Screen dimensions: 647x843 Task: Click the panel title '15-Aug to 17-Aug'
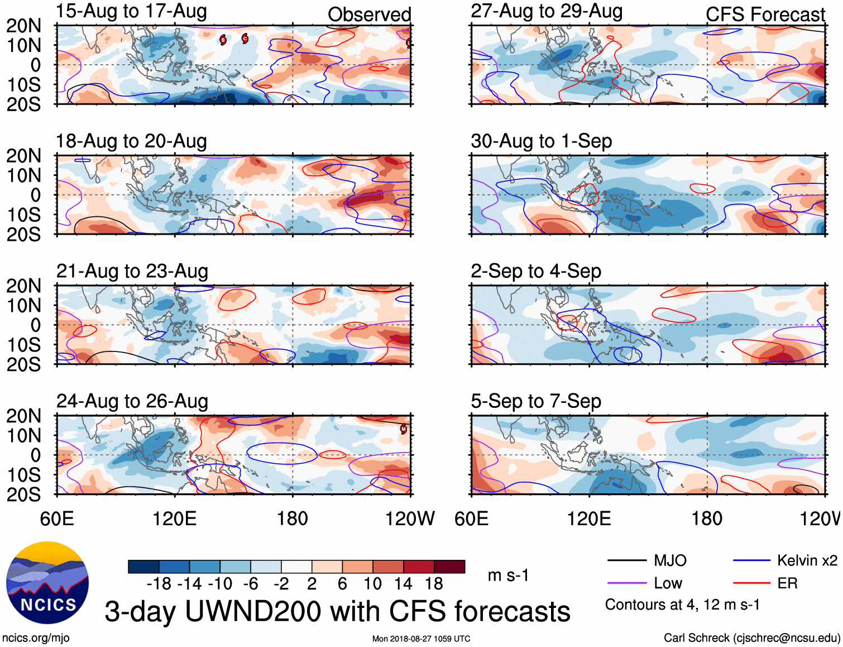(x=132, y=11)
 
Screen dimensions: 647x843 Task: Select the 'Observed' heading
(x=369, y=15)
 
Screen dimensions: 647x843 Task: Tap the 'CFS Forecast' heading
(x=765, y=15)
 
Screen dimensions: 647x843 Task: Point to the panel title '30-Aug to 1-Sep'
(x=541, y=141)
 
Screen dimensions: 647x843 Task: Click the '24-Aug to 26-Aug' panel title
(x=132, y=401)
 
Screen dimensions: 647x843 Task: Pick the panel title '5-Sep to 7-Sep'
(x=536, y=401)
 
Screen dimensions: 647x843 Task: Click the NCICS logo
(x=47, y=583)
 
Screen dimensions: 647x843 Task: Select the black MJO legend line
(x=626, y=560)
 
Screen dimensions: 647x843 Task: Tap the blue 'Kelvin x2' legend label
(x=807, y=560)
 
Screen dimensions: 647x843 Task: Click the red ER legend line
(x=751, y=583)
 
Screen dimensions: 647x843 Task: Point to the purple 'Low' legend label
(x=668, y=583)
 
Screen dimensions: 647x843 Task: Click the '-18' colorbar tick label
(x=159, y=584)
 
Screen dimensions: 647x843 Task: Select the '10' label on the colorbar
(x=372, y=584)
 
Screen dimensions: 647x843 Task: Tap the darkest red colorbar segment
(x=449, y=567)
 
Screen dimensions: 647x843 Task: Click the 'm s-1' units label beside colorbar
(x=508, y=575)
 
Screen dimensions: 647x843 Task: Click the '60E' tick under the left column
(x=57, y=518)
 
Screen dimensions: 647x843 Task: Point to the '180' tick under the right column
(x=707, y=518)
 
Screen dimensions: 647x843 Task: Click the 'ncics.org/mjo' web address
(x=36, y=638)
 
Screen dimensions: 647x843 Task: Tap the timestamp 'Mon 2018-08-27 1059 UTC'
(x=421, y=639)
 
